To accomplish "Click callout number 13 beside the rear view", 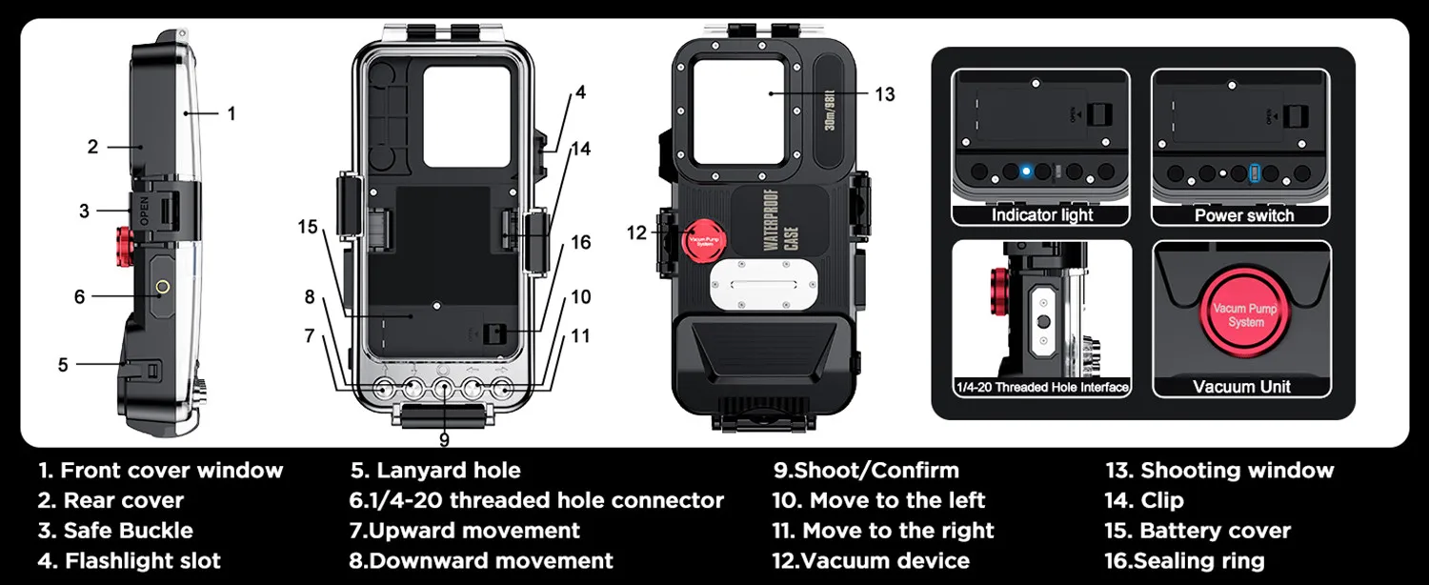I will (x=885, y=94).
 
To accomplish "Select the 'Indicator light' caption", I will (x=1042, y=215).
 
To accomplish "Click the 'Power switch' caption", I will (x=1244, y=215).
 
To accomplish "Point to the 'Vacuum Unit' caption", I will (x=1241, y=386).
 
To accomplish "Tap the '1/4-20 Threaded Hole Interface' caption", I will (x=1042, y=387).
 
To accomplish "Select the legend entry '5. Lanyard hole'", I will (x=435, y=470).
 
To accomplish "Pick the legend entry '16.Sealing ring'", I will (x=1184, y=561).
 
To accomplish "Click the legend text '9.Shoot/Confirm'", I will (x=866, y=470).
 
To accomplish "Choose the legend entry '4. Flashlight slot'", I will (x=129, y=561).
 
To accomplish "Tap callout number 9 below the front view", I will (x=444, y=439).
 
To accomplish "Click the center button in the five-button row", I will (x=444, y=388).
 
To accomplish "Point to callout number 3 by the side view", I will (x=84, y=211).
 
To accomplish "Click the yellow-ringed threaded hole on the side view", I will (x=162, y=286).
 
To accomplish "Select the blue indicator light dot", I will (x=1026, y=172).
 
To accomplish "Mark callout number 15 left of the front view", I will (x=307, y=227).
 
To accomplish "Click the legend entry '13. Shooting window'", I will (x=1219, y=470).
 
